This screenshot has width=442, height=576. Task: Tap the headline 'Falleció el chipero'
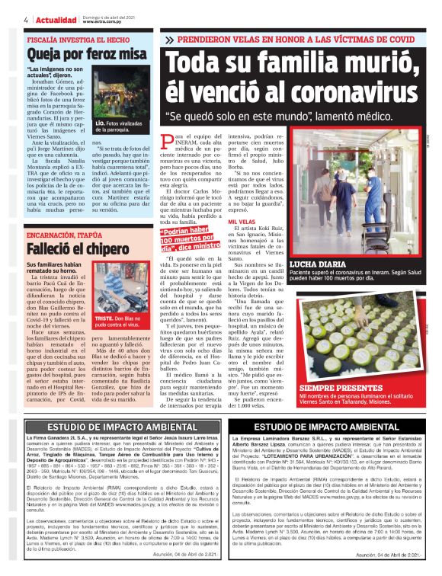71,229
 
